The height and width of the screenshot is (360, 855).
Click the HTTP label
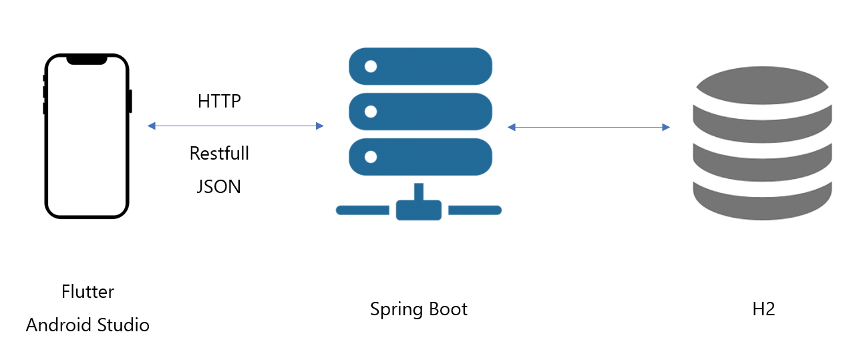tap(219, 102)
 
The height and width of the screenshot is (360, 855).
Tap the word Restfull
tap(219, 153)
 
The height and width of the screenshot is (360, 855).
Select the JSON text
tap(219, 186)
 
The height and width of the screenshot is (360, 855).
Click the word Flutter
tap(88, 292)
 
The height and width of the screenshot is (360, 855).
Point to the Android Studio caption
tap(88, 325)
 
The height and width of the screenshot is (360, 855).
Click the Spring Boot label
tap(419, 309)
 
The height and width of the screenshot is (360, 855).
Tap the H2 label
tap(763, 309)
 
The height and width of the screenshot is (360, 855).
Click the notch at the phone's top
tap(86, 59)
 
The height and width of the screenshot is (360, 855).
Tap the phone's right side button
tap(130, 101)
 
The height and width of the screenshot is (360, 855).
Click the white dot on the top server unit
tap(371, 66)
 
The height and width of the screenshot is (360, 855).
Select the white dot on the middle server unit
tap(371, 112)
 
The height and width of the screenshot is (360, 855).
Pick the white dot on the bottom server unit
tap(371, 157)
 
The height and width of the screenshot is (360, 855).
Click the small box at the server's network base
tap(419, 210)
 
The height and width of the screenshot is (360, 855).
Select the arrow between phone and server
tap(235, 126)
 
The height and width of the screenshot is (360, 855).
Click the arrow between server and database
tap(588, 127)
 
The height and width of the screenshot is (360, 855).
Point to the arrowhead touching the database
tap(666, 127)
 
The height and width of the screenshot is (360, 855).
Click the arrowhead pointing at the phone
tap(152, 126)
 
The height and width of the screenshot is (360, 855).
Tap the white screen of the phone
tap(86, 140)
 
